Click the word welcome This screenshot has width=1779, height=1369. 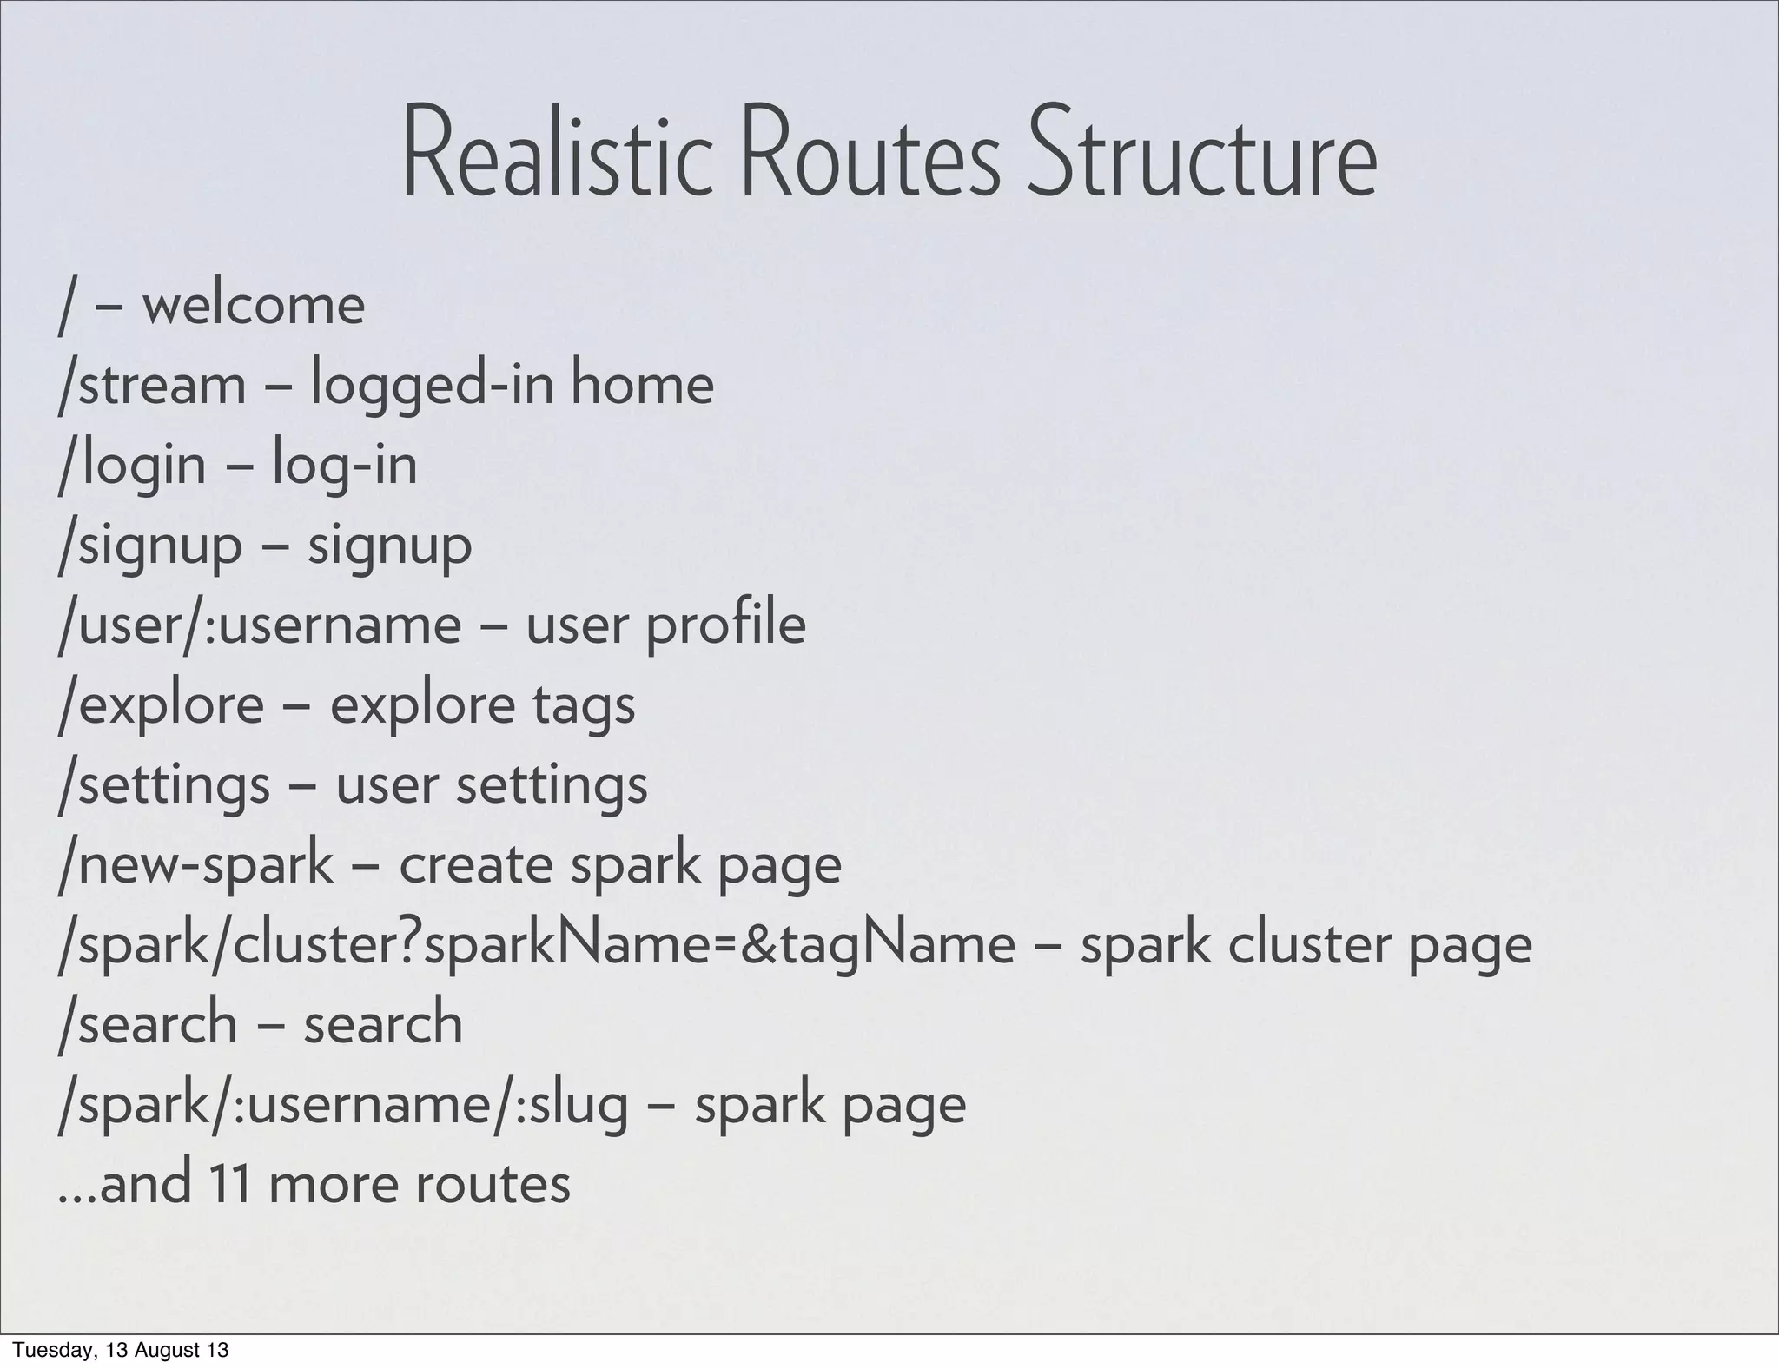(253, 306)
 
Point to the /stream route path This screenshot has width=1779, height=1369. (152, 386)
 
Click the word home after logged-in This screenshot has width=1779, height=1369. (642, 386)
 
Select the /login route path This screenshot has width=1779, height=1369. (132, 466)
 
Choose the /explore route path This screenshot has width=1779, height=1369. (161, 705)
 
